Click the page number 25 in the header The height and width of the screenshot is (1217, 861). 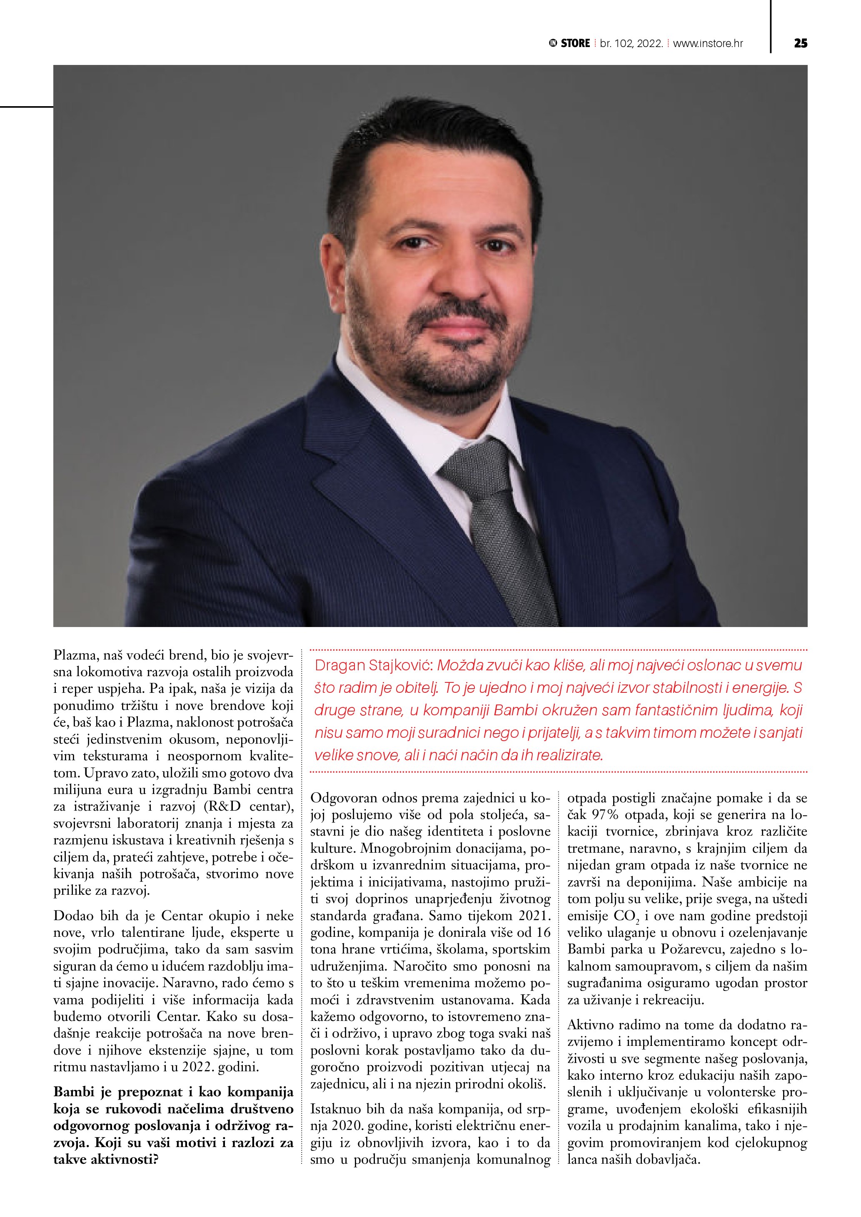pos(801,43)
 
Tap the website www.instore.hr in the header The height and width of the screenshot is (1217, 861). pos(708,43)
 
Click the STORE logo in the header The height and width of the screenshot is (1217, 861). pos(569,43)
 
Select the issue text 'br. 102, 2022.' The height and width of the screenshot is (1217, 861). pos(631,43)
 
